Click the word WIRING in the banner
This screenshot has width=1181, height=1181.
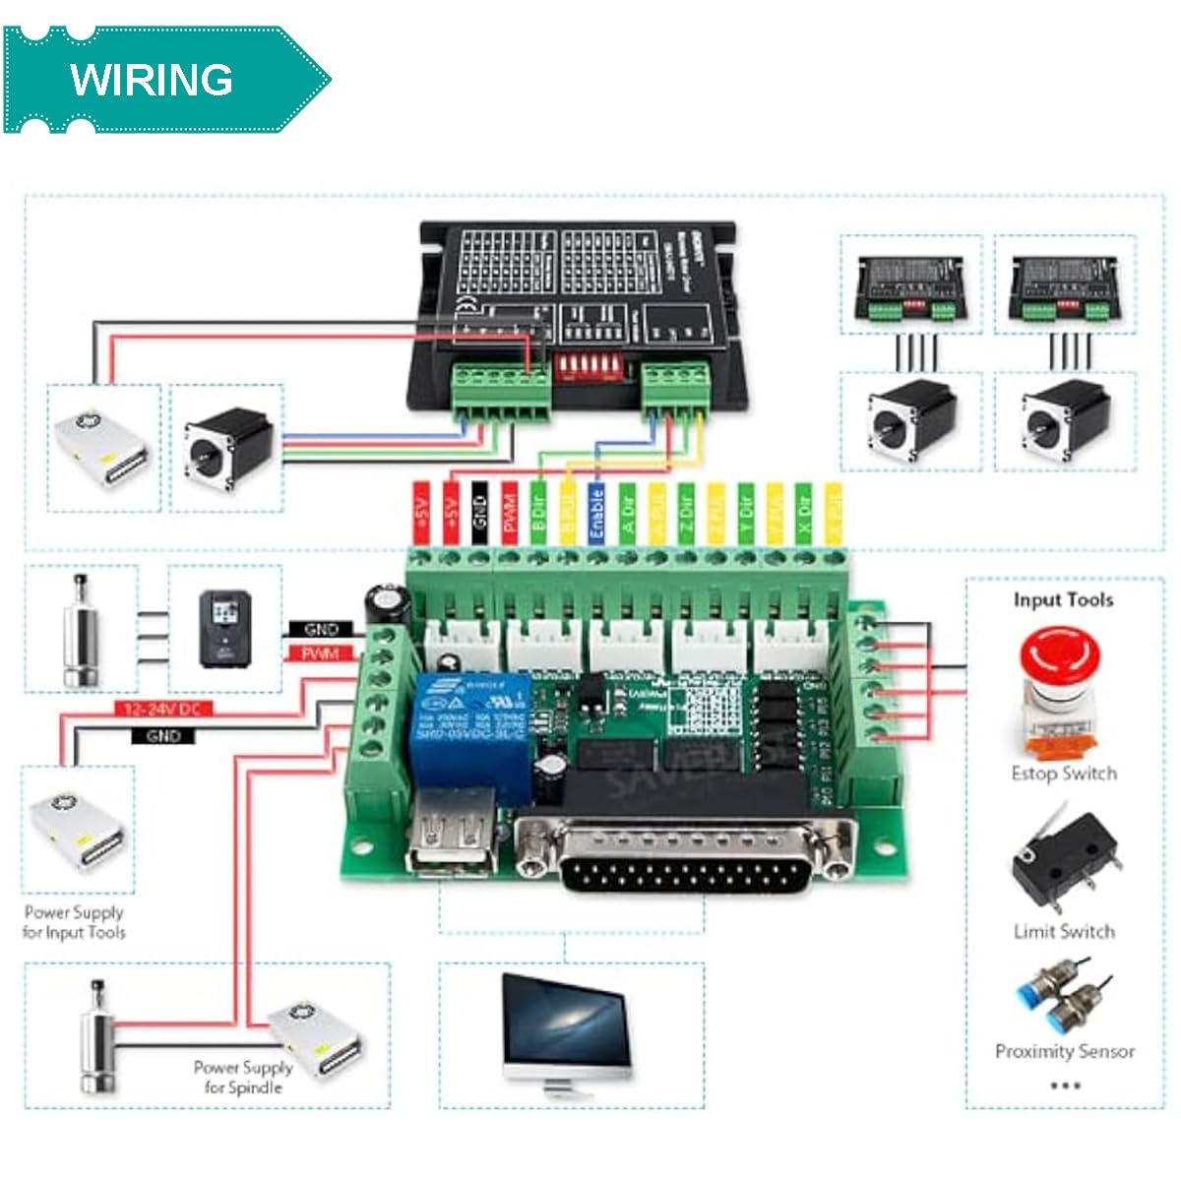(152, 80)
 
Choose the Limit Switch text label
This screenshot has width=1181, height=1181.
(1064, 931)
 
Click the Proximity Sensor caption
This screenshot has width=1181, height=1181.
(1064, 1051)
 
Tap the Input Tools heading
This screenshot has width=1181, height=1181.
(1063, 599)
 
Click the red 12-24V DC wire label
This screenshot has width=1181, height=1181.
(163, 709)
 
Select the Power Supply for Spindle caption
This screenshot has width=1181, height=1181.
(243, 1077)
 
